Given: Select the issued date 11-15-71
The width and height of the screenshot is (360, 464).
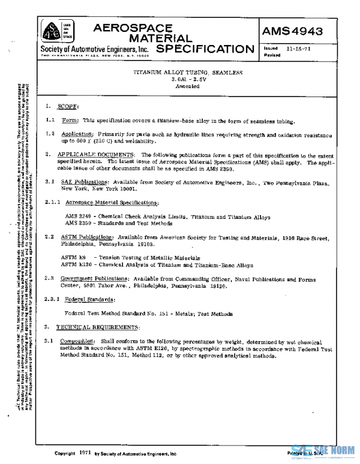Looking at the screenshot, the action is tap(298, 48).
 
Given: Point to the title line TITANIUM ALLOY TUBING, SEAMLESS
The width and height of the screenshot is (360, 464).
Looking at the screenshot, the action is tap(188, 73).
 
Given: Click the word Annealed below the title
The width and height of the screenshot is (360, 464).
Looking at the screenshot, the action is tap(188, 86).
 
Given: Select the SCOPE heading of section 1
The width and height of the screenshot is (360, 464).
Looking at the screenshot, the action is tap(68, 106).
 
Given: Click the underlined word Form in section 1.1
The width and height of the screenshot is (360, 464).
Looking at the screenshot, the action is tap(70, 120).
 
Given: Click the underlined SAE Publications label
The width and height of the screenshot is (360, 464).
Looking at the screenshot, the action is tap(81, 182).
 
